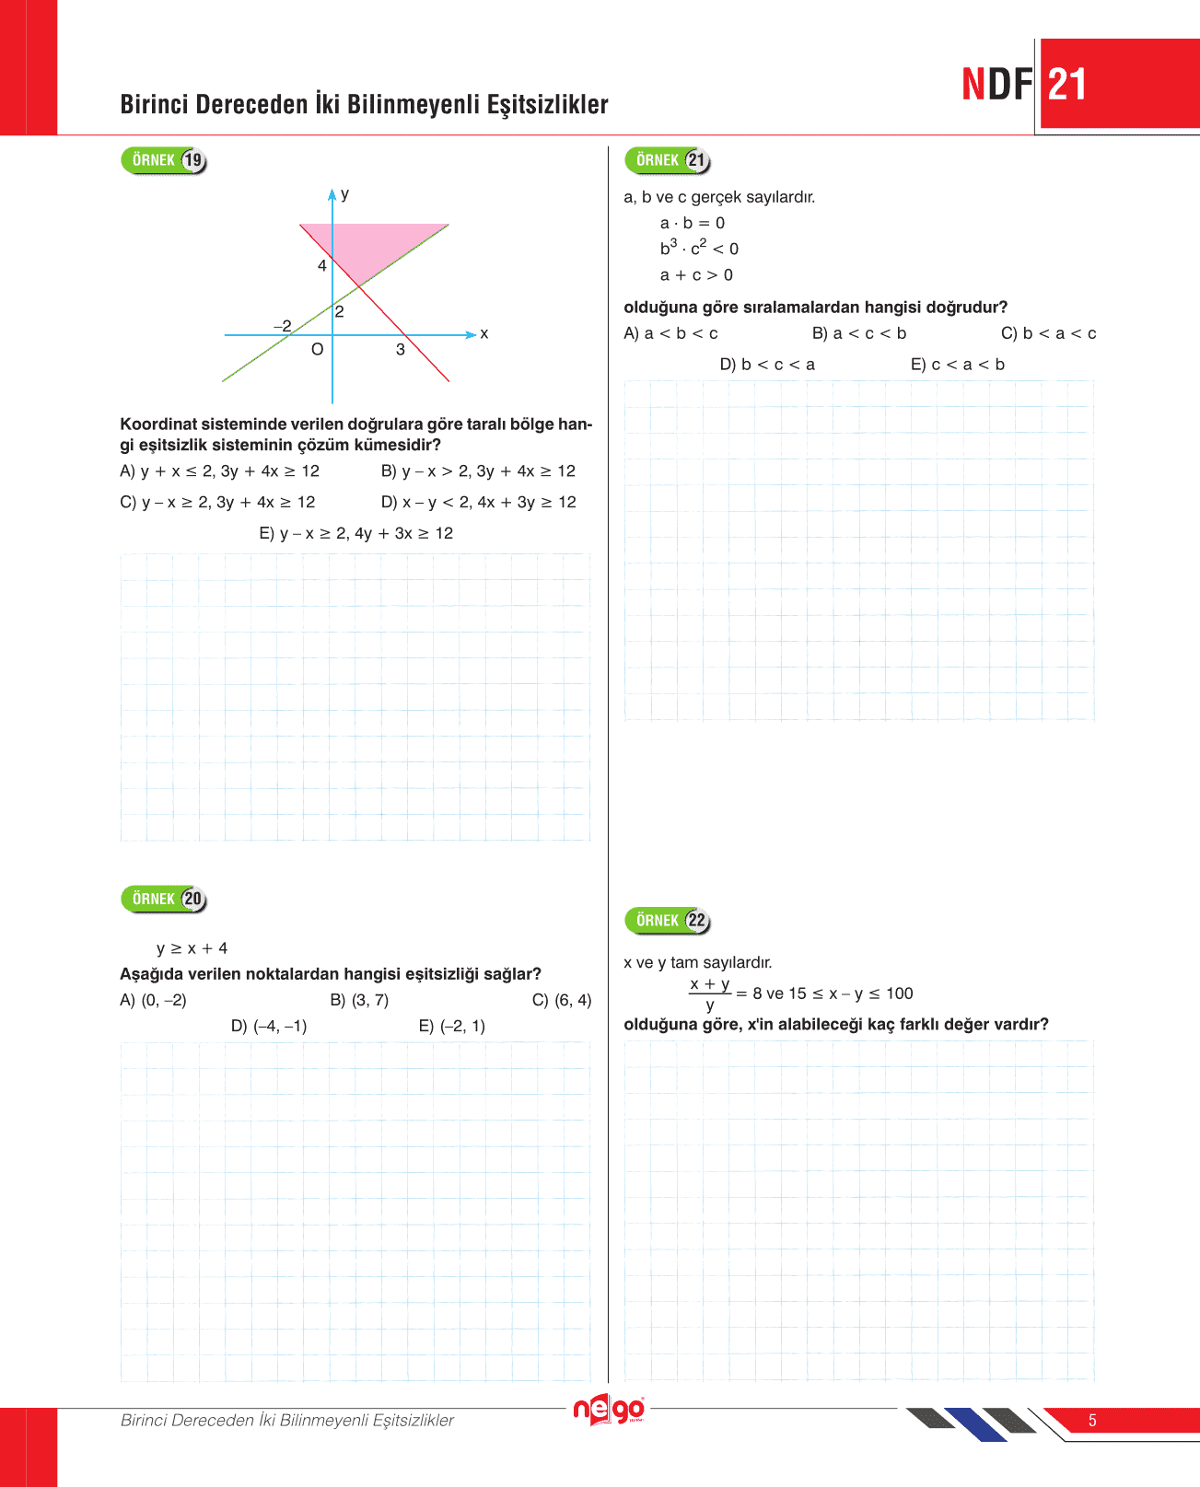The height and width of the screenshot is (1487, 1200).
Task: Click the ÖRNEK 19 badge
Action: [163, 160]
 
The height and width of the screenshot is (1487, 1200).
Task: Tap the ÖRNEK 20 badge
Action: [163, 899]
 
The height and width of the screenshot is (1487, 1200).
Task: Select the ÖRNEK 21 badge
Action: [667, 160]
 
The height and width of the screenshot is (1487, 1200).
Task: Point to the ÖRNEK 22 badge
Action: [667, 920]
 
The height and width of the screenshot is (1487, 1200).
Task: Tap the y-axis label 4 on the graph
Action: [322, 266]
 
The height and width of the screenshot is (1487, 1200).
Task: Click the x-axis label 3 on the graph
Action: [401, 350]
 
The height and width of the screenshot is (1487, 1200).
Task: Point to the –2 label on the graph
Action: [283, 326]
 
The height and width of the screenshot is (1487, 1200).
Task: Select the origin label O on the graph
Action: [317, 350]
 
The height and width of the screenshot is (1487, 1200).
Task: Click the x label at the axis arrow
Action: [484, 333]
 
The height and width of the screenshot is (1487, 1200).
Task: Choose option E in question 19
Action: [355, 533]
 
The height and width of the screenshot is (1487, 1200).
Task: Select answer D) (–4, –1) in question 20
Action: [269, 1026]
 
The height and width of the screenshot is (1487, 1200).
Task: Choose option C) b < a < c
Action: [1048, 333]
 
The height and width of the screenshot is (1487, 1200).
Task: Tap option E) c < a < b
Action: [957, 365]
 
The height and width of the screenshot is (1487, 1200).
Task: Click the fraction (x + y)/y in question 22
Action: [710, 994]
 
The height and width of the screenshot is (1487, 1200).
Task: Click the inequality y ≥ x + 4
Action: [192, 948]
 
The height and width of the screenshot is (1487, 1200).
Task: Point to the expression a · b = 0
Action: [692, 223]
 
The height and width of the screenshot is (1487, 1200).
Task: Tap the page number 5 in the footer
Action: [1092, 1421]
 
